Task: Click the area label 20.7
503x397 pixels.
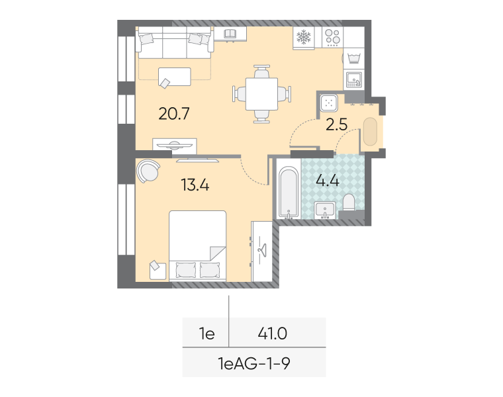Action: (174, 114)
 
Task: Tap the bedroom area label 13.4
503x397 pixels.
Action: (195, 185)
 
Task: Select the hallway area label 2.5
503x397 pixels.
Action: (336, 124)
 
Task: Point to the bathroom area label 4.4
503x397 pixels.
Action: (328, 181)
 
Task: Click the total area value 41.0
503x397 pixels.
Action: (273, 334)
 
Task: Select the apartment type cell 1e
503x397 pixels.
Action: (207, 334)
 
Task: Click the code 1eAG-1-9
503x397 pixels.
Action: (254, 364)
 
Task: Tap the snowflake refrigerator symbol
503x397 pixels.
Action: (304, 37)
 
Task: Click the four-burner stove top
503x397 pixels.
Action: (332, 37)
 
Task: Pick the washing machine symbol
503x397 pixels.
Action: (354, 58)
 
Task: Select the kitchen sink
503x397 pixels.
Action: (354, 79)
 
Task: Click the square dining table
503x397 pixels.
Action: (262, 94)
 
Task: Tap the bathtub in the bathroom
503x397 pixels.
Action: (289, 192)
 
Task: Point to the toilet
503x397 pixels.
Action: (349, 202)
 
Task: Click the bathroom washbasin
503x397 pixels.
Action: (325, 210)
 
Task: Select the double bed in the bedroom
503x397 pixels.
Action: (198, 245)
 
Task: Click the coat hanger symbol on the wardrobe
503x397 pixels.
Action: (262, 249)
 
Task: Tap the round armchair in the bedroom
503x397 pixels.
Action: (148, 171)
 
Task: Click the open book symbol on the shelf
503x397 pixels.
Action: (230, 33)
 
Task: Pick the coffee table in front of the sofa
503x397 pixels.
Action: (175, 77)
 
